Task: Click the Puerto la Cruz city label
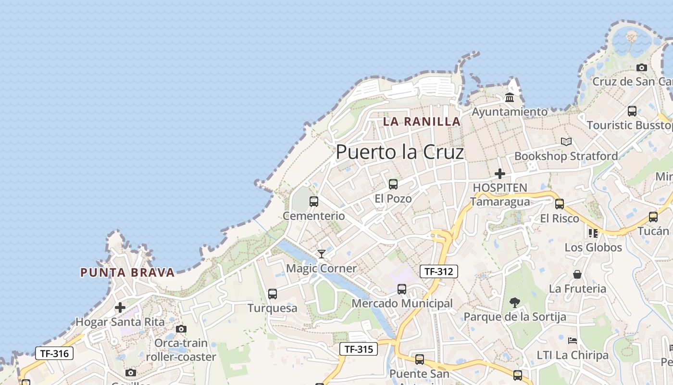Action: (x=399, y=152)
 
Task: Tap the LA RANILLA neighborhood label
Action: (x=422, y=122)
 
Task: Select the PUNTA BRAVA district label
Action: (x=127, y=273)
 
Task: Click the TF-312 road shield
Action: (x=439, y=271)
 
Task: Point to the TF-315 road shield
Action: (x=359, y=349)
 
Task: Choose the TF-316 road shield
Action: (x=54, y=353)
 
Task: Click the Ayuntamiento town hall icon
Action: (x=510, y=98)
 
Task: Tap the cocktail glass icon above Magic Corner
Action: (x=322, y=254)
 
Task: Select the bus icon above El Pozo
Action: (x=393, y=184)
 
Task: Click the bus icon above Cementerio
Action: (x=314, y=201)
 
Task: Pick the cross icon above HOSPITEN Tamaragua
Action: (x=500, y=173)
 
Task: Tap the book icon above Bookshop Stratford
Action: (x=566, y=142)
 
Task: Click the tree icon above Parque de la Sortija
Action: (x=515, y=303)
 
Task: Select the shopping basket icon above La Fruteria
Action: (x=577, y=274)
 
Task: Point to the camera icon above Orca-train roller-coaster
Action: (x=181, y=329)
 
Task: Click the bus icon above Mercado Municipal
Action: (x=402, y=289)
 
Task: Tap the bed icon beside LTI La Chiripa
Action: (x=572, y=341)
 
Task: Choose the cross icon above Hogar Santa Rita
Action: (x=120, y=307)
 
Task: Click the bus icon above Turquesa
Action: (x=273, y=294)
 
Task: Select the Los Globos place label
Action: (x=593, y=248)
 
